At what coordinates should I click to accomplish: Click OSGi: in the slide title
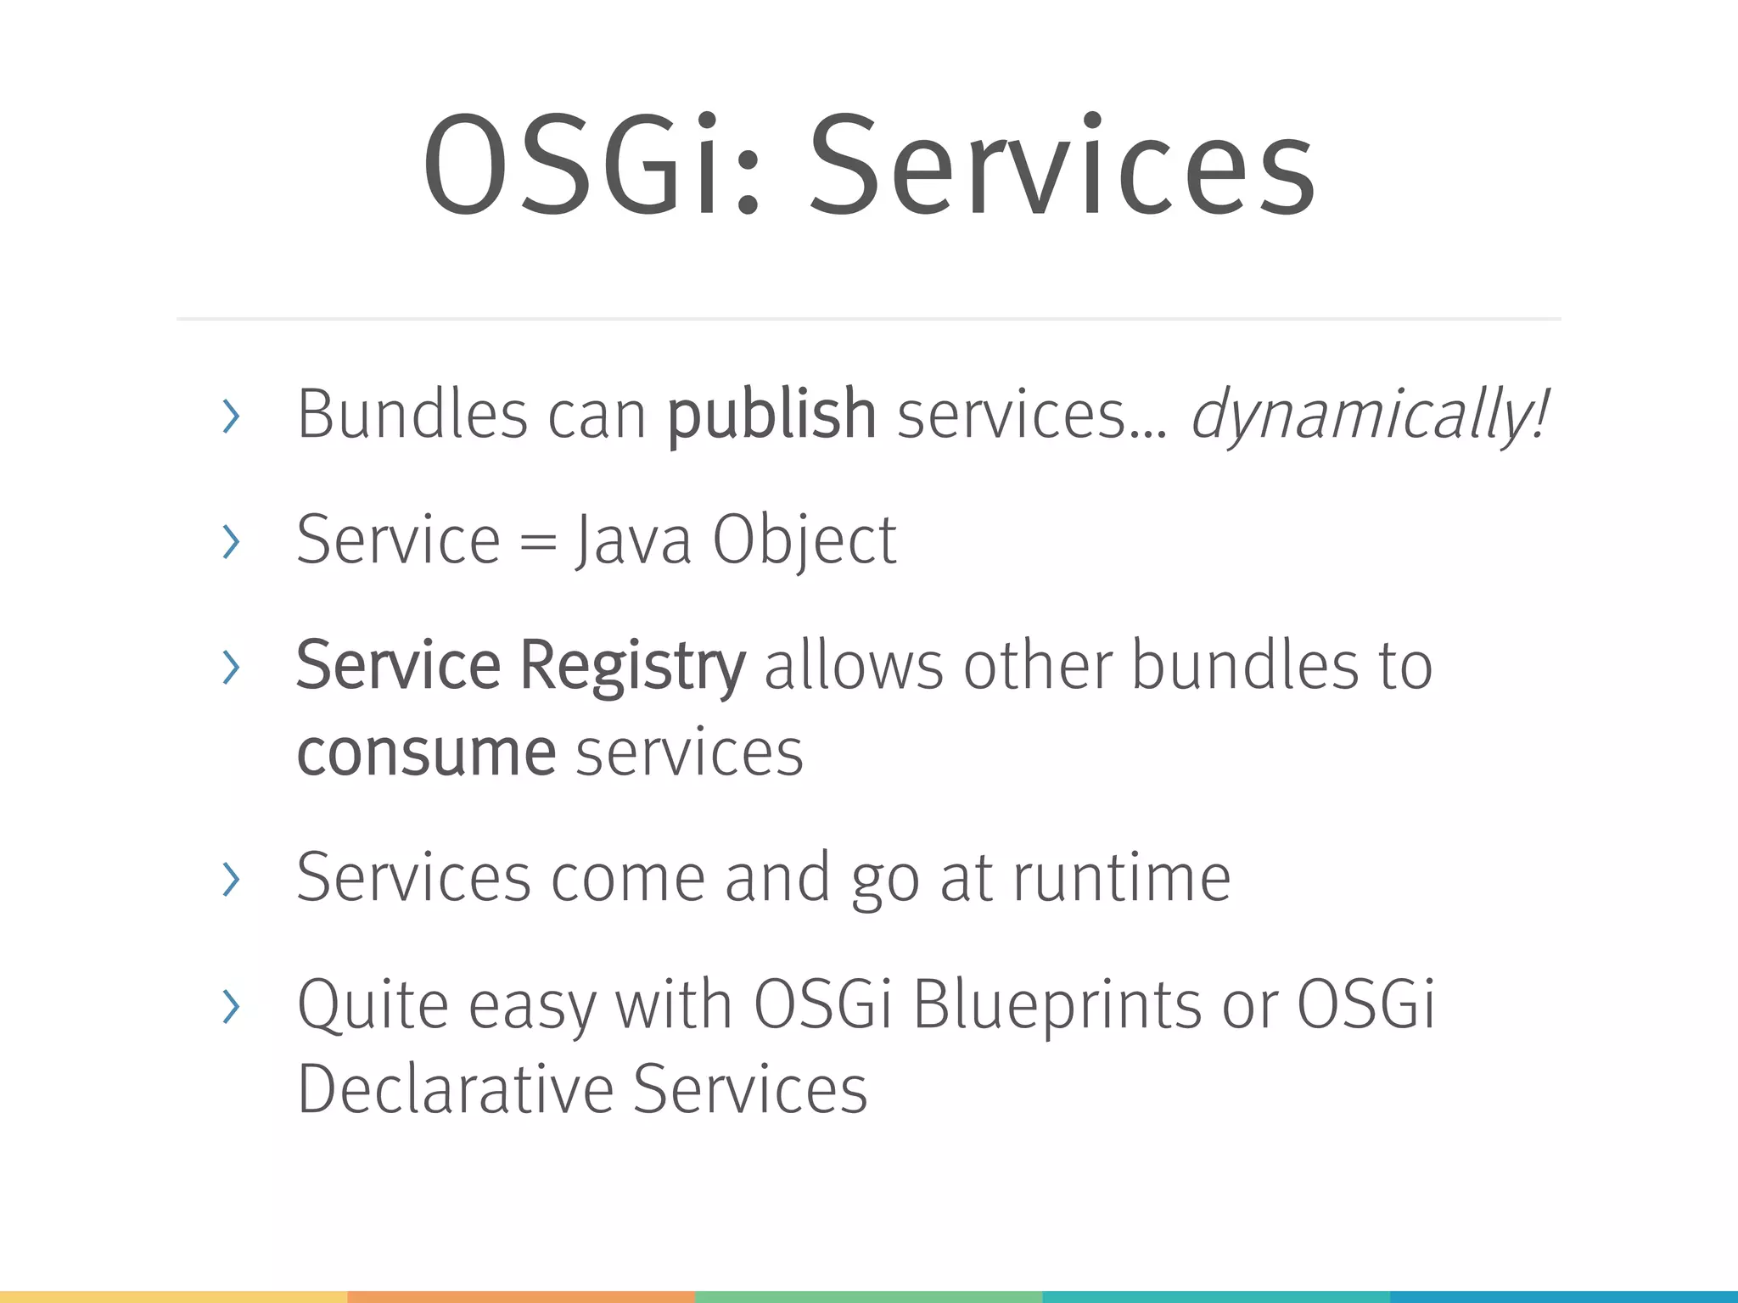[590, 165]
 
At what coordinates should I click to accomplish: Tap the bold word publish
[771, 416]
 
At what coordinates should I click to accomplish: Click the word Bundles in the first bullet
[412, 416]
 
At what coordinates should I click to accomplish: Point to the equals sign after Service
[537, 542]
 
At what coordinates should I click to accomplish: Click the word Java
[633, 540]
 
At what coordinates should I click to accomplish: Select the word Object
[804, 540]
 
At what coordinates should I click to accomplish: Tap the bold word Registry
[632, 667]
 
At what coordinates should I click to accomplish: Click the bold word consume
[426, 753]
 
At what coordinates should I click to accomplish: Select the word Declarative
[455, 1089]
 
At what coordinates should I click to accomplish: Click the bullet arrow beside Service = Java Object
[230, 542]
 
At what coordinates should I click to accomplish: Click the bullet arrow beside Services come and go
[230, 879]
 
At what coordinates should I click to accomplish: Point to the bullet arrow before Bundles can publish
[230, 416]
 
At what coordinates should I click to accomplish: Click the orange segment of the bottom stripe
[521, 1297]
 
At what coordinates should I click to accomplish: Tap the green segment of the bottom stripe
[868, 1297]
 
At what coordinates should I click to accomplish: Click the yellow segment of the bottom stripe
[173, 1297]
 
